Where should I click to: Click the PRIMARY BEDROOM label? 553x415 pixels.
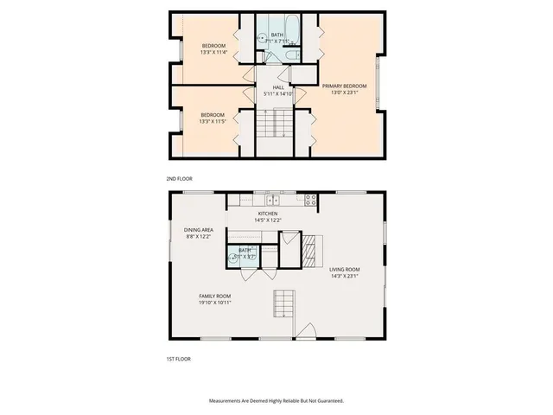(x=340, y=86)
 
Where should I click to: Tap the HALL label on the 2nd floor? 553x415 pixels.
(x=278, y=86)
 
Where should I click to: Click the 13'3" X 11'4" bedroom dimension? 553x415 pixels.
(x=213, y=52)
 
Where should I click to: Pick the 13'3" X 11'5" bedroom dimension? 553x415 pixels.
(x=213, y=121)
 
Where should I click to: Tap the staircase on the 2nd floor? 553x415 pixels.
(x=274, y=126)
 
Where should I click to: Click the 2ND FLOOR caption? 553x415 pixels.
(x=178, y=180)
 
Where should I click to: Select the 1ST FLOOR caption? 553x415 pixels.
(x=178, y=358)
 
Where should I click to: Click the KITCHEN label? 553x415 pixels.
(x=267, y=214)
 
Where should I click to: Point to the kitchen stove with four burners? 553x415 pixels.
(x=311, y=201)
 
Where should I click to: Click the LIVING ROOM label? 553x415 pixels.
(x=344, y=270)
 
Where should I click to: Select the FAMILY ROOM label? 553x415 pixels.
(x=214, y=296)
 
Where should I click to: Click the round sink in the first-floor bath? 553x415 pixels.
(x=233, y=255)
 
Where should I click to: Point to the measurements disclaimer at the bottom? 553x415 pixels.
(x=276, y=401)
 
